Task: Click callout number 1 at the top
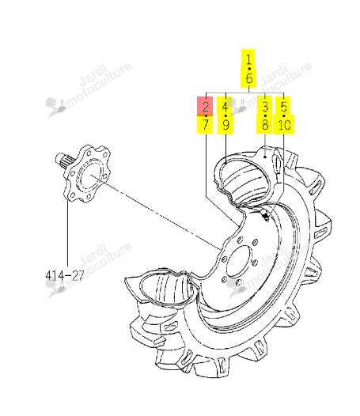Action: tap(248, 59)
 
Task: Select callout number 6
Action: tap(248, 78)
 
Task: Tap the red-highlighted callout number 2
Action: tap(206, 107)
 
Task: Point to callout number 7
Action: tap(206, 125)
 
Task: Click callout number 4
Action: tap(225, 107)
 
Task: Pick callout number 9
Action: tap(225, 125)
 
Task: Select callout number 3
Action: tap(265, 107)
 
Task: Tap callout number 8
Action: tap(265, 125)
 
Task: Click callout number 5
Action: tap(284, 107)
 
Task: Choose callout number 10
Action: tap(284, 125)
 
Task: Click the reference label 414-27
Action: tap(65, 275)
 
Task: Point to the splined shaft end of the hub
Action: tap(62, 161)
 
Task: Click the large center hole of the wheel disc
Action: tap(238, 262)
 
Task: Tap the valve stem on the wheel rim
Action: tap(264, 215)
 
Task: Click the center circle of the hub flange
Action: tap(90, 175)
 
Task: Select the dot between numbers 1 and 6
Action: tap(249, 69)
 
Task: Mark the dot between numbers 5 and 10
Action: tap(284, 116)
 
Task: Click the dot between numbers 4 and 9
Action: tap(225, 116)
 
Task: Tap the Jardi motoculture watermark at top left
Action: tap(89, 89)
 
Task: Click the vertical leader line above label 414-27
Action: tap(68, 233)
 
